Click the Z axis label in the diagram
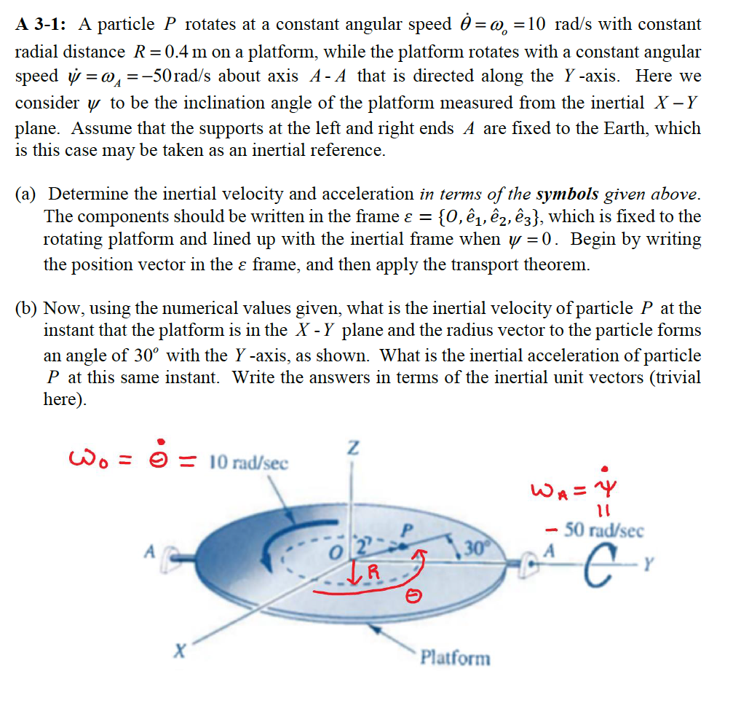[352, 449]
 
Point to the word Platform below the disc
[456, 658]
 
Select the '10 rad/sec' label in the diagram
[249, 463]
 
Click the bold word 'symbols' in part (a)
[567, 195]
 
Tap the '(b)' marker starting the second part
[28, 308]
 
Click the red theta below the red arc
[412, 598]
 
